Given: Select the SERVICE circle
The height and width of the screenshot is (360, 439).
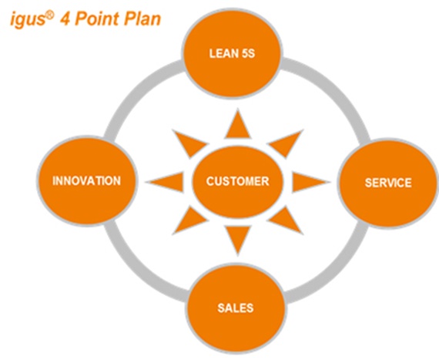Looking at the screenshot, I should pyautogui.click(x=387, y=183).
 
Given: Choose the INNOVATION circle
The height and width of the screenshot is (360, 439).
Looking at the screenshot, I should pyautogui.click(x=85, y=181).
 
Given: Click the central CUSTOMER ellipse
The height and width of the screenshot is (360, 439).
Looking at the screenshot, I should pyautogui.click(x=237, y=182).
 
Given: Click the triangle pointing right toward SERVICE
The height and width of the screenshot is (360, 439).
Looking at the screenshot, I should pyautogui.click(x=308, y=182).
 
